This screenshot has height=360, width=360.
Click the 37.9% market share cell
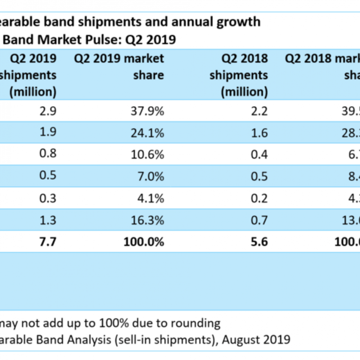click(x=147, y=111)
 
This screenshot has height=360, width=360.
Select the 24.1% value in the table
click(x=147, y=133)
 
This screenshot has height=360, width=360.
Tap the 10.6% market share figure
click(x=147, y=154)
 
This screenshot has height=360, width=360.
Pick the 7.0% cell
click(x=151, y=176)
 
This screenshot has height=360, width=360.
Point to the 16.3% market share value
click(x=147, y=220)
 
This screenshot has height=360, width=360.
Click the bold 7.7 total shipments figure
click(x=48, y=242)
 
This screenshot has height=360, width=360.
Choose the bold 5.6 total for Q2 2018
click(x=259, y=242)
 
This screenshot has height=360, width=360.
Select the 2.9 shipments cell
click(x=48, y=111)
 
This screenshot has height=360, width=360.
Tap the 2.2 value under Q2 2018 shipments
click(x=259, y=111)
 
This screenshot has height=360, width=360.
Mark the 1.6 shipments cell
click(x=259, y=133)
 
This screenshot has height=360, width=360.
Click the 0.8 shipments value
click(x=48, y=153)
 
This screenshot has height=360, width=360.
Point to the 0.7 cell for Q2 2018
click(x=259, y=220)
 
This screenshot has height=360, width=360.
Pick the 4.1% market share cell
click(x=151, y=198)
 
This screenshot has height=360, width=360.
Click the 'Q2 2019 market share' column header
click(x=119, y=67)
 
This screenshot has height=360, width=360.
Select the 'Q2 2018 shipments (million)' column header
click(x=239, y=75)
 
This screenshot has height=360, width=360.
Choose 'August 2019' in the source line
click(x=256, y=340)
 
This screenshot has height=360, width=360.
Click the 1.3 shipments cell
click(x=48, y=220)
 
